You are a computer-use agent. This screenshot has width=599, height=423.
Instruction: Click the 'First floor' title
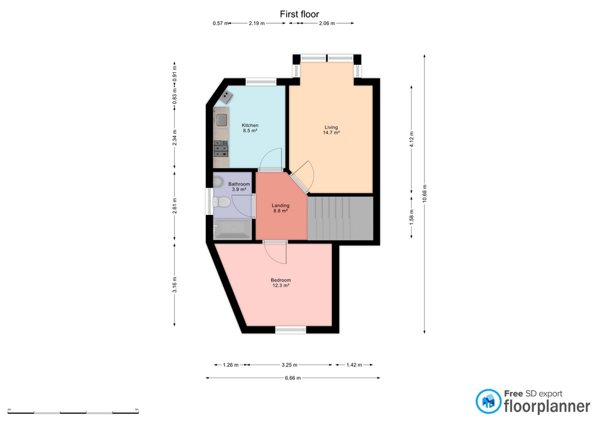[x=299, y=13]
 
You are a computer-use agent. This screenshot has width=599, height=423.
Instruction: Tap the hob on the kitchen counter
[x=221, y=148]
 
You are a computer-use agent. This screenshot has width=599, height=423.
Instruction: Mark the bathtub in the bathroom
[x=232, y=232]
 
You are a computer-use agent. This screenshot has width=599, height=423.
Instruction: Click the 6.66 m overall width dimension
[x=292, y=378]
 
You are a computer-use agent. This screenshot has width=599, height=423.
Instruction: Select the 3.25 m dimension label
[x=289, y=365]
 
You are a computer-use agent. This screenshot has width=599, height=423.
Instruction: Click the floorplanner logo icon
[x=489, y=402]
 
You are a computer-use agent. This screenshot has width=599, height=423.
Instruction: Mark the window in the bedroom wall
[x=291, y=330]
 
